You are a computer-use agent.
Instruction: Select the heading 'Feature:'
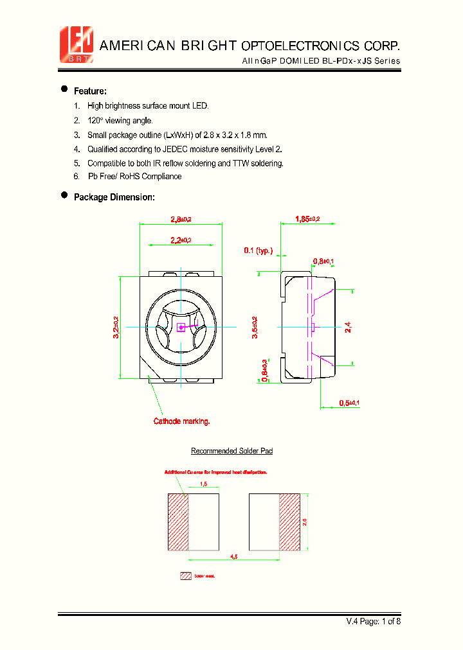click(x=90, y=91)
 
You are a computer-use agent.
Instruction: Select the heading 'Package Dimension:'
click(x=114, y=197)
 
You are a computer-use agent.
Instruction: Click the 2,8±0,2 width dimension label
click(x=181, y=220)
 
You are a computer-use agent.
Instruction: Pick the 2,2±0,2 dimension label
click(x=181, y=240)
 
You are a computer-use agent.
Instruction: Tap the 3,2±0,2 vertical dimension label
click(x=116, y=327)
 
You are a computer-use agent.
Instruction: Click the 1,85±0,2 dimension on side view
click(x=307, y=219)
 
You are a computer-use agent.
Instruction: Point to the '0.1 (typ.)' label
click(x=258, y=250)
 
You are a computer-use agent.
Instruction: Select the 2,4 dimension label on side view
click(x=348, y=328)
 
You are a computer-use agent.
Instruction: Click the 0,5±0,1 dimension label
click(x=349, y=403)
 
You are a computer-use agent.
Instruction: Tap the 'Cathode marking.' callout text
click(x=181, y=421)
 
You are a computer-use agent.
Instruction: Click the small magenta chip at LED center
click(x=181, y=328)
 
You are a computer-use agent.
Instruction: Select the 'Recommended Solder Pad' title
click(x=232, y=451)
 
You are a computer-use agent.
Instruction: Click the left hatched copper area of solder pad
click(x=177, y=522)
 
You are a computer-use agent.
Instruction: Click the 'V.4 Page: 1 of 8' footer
click(x=374, y=621)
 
